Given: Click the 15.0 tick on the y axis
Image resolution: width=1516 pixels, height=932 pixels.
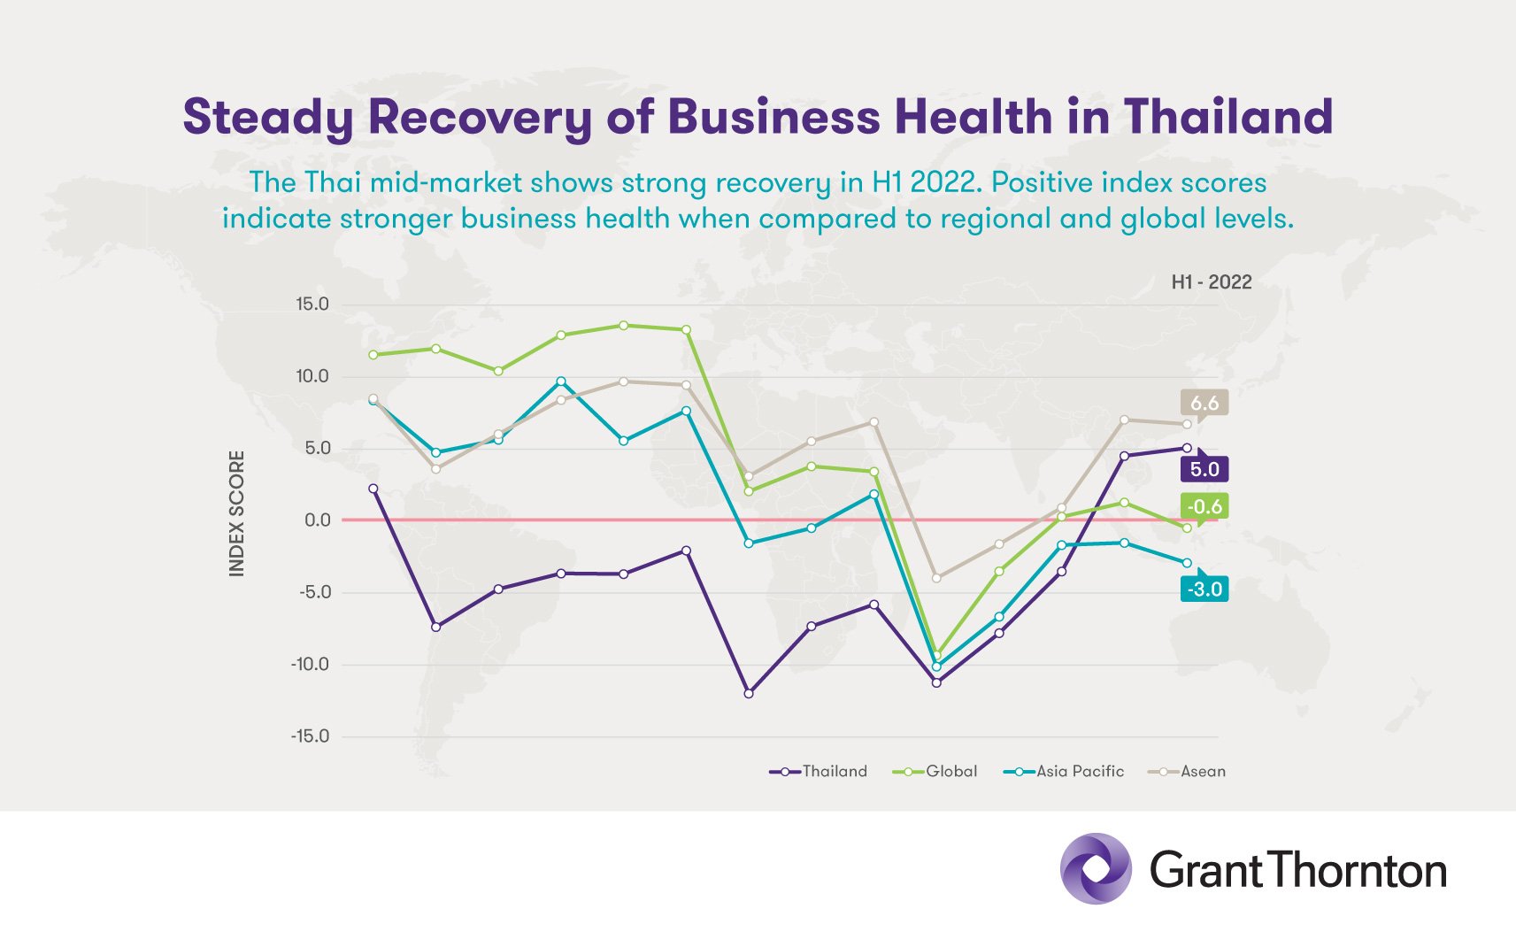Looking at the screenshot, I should click(312, 304).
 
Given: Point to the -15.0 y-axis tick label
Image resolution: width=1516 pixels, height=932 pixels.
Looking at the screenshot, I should click(310, 736).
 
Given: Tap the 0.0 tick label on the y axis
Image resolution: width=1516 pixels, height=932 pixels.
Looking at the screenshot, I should click(317, 520).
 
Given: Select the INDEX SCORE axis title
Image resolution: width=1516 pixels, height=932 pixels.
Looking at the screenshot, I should click(236, 513).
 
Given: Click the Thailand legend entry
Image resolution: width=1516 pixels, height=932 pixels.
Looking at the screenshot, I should click(819, 772).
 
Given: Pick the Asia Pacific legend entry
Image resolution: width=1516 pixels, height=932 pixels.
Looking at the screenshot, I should click(1064, 772).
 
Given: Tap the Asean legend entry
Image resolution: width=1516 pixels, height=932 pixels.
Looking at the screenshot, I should click(1187, 772).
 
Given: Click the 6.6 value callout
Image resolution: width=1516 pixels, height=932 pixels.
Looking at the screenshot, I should click(1204, 404).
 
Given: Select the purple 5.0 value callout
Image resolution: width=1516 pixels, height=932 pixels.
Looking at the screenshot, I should click(1204, 469).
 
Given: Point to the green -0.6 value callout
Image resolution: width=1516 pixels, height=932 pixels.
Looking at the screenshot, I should click(1204, 506).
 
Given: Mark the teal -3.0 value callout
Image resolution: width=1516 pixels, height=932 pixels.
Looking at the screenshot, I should click(1204, 589).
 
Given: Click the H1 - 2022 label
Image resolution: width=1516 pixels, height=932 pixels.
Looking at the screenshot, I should click(1211, 282).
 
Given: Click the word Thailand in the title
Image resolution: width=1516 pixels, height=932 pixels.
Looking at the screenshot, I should click(1227, 117).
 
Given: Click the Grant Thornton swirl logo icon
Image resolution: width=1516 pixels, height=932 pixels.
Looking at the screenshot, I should click(1096, 869).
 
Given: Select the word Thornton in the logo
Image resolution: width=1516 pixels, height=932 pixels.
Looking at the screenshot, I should click(1359, 870).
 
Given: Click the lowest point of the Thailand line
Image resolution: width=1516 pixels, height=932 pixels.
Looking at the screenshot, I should click(749, 694).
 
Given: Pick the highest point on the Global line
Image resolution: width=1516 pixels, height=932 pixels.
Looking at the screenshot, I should click(624, 326).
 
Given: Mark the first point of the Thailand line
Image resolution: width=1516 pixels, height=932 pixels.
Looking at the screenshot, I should click(373, 489).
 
